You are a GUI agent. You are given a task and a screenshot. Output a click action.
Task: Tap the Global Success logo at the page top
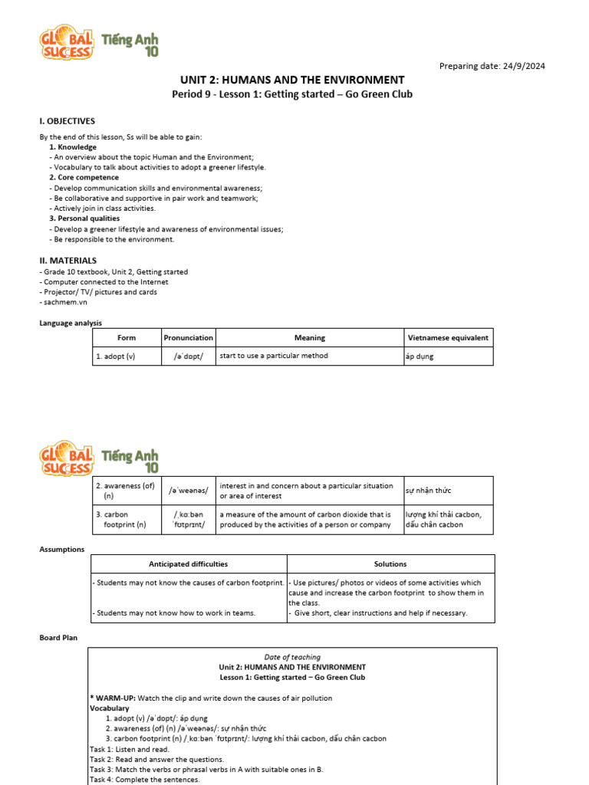pyautogui.click(x=100, y=43)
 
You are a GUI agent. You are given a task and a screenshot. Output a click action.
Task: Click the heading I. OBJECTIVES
pyautogui.click(x=67, y=121)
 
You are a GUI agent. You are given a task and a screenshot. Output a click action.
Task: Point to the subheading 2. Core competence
pyautogui.click(x=84, y=177)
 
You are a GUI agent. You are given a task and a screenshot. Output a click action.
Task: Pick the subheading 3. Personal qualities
pyautogui.click(x=84, y=218)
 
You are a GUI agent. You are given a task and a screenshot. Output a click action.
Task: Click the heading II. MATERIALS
pyautogui.click(x=68, y=261)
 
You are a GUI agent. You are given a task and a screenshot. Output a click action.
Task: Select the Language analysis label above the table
pyautogui.click(x=71, y=323)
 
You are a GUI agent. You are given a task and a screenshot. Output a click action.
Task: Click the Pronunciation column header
pyautogui.click(x=189, y=337)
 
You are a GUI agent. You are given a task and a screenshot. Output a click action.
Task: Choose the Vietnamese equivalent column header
pyautogui.click(x=448, y=337)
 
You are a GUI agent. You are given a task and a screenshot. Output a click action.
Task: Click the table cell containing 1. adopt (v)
pyautogui.click(x=127, y=356)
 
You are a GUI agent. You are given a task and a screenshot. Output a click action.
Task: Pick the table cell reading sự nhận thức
pyautogui.click(x=427, y=491)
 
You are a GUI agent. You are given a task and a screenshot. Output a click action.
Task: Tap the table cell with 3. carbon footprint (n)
pyautogui.click(x=127, y=520)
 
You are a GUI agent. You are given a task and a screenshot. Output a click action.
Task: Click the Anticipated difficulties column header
pyautogui.click(x=189, y=564)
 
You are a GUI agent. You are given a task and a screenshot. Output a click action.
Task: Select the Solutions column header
pyautogui.click(x=390, y=564)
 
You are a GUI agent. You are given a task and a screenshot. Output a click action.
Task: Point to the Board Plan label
pyautogui.click(x=58, y=637)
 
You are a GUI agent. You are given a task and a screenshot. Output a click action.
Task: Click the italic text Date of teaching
pyautogui.click(x=292, y=657)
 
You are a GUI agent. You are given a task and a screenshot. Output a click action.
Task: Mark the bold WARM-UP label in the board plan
pyautogui.click(x=112, y=698)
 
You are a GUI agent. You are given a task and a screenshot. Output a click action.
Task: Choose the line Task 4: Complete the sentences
pyautogui.click(x=145, y=780)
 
